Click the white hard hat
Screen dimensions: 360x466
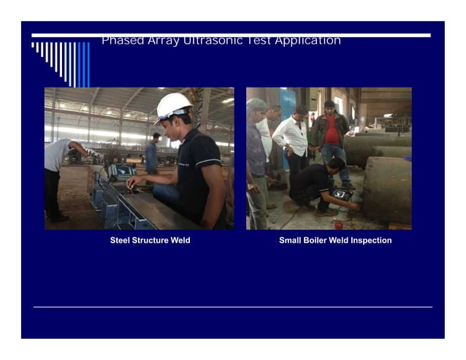click(x=174, y=106)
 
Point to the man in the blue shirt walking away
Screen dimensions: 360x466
click(x=151, y=154)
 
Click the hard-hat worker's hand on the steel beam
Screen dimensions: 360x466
click(x=132, y=184)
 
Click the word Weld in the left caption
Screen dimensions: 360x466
click(x=179, y=240)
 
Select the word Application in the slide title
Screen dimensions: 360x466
click(x=307, y=41)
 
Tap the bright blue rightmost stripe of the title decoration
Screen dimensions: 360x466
click(x=87, y=64)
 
